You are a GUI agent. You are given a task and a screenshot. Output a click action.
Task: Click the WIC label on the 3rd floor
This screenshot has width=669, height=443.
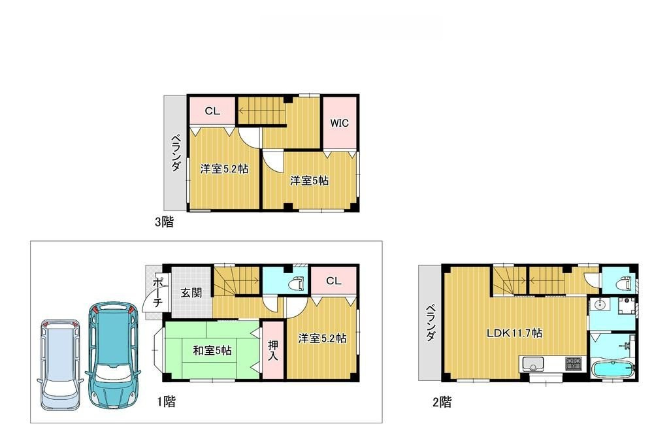[340, 123]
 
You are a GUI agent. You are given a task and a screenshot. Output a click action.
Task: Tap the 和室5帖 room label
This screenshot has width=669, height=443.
[212, 351]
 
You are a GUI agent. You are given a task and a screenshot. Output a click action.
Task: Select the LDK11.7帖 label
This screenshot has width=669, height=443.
[515, 333]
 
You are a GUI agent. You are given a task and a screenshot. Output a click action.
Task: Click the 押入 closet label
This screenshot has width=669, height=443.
[272, 350]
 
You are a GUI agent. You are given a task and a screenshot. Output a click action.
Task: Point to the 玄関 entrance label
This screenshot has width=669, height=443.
[191, 293]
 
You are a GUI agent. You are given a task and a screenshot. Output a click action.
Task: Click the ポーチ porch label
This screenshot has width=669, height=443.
[157, 292]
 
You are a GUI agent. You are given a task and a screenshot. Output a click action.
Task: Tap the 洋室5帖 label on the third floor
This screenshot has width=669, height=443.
[309, 180]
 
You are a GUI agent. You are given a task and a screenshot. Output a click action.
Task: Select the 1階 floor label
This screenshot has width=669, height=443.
[166, 402]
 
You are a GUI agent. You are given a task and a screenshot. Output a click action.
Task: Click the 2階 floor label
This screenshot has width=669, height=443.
[442, 402]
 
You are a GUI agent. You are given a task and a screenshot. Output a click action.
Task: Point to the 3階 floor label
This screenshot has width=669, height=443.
[164, 222]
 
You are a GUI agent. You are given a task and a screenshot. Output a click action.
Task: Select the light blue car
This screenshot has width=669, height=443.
[61, 365]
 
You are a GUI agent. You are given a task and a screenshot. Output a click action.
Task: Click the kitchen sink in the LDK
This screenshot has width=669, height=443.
[532, 364]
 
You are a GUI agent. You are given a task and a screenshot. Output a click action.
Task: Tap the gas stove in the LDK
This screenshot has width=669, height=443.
[573, 364]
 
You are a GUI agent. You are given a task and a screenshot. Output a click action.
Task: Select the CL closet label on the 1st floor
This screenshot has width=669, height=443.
[334, 281]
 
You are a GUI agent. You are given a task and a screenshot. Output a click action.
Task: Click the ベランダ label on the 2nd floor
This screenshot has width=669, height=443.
[431, 323]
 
